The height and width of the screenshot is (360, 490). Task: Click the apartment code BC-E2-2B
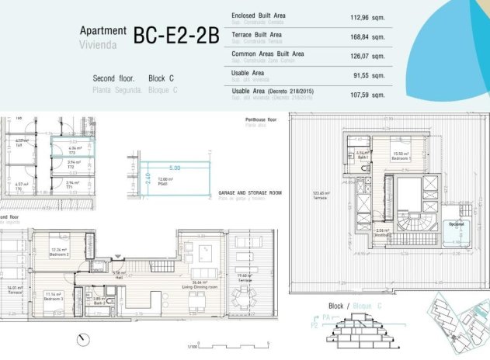[x=176, y=36]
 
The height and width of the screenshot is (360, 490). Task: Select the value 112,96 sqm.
[x=367, y=16]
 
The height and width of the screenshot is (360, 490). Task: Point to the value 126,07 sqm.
[x=367, y=55]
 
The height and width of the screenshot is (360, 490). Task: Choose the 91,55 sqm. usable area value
[x=367, y=74]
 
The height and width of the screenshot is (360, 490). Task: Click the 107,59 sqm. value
[x=367, y=95]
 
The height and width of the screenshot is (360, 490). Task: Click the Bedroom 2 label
[x=61, y=254]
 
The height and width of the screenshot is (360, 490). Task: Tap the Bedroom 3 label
[x=53, y=296]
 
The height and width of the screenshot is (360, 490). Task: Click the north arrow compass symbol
[x=83, y=337]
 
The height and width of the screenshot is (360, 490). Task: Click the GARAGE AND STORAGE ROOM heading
[x=250, y=192]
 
